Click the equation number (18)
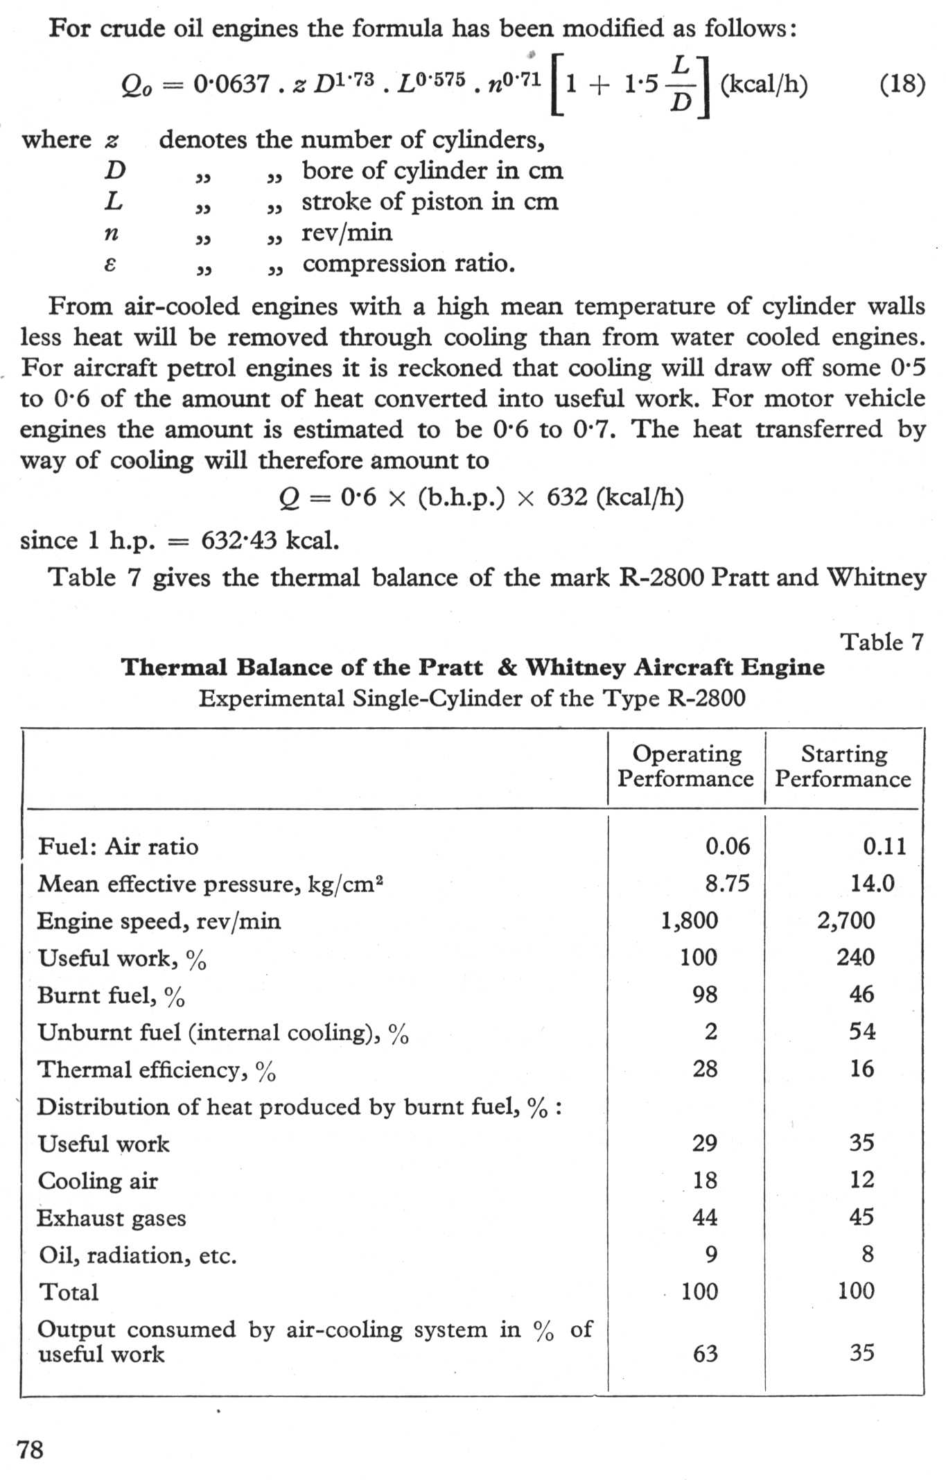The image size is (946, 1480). [x=902, y=85]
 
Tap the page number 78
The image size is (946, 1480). [x=30, y=1449]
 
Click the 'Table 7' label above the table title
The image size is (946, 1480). [x=882, y=642]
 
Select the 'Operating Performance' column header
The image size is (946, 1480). [x=685, y=766]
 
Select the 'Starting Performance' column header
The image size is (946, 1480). [x=843, y=766]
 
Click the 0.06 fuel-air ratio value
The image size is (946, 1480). [x=727, y=846]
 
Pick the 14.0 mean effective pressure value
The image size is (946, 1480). [x=873, y=883]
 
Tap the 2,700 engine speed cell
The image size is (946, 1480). [x=846, y=921]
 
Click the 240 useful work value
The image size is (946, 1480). [x=855, y=957]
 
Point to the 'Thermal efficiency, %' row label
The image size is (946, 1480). [x=157, y=1070]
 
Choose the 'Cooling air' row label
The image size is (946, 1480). [x=98, y=1181]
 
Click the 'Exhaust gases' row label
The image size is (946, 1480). [x=112, y=1218]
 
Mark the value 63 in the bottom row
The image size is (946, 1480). [x=706, y=1353]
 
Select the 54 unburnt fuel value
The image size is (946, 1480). [x=862, y=1031]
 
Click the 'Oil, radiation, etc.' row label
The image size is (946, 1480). [x=137, y=1255]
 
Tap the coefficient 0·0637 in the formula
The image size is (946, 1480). [x=231, y=85]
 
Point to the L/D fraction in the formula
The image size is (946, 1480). [x=681, y=85]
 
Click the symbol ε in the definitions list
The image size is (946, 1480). [x=110, y=264]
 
